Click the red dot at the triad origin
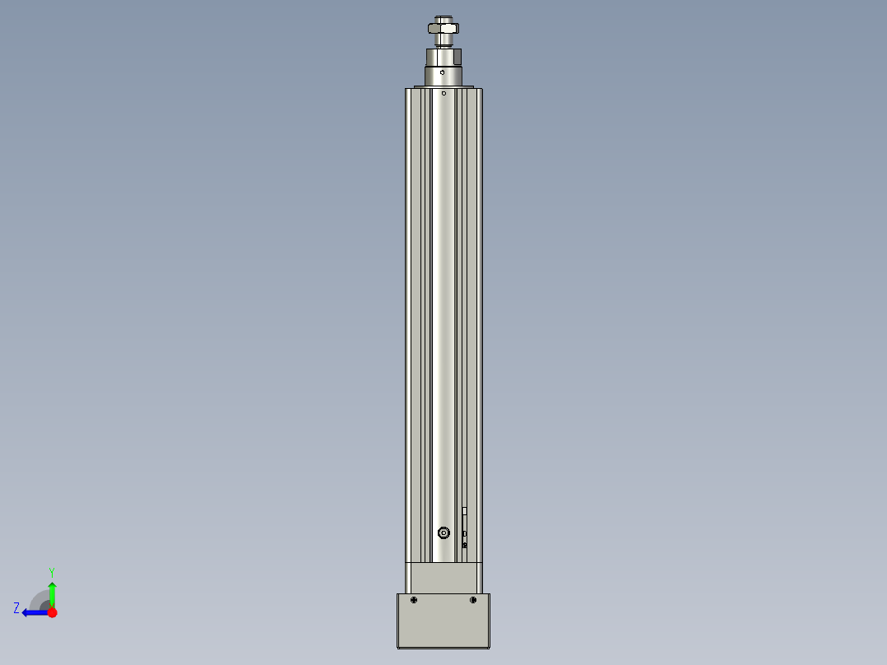coord(52,612)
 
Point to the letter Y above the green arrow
coord(52,572)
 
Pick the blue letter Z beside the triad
coord(16,608)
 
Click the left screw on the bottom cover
coord(414,600)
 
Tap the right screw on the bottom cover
coord(473,600)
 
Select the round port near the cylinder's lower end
coord(444,532)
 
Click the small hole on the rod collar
coord(443,72)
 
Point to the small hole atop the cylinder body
coord(444,93)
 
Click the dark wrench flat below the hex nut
coord(456,57)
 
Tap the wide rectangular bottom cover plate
coord(443,625)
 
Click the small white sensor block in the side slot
coord(465,512)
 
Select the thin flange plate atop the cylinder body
coord(443,86)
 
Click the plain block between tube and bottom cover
coord(443,578)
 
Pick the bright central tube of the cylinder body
coord(443,313)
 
